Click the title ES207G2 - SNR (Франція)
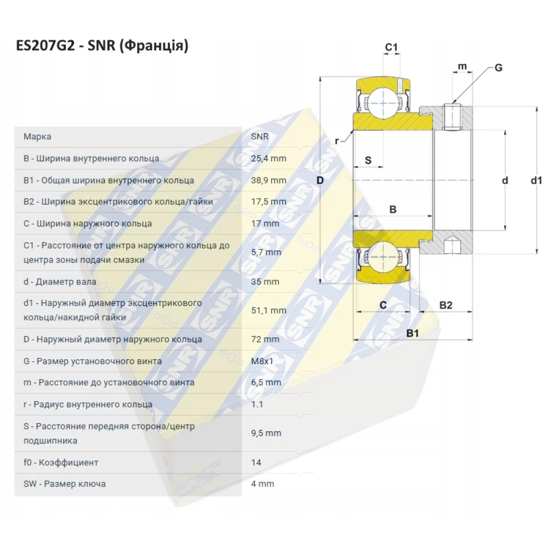tap(102, 46)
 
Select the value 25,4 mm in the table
tap(269, 158)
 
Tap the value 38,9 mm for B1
tap(269, 180)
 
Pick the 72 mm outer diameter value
tap(265, 339)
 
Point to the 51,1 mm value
tap(269, 310)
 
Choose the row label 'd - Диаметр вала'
tap(60, 282)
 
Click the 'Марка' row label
tap(37, 136)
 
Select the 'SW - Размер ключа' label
tap(65, 484)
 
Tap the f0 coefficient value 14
tap(256, 463)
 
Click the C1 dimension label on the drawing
tap(391, 48)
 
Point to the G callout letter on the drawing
tap(498, 68)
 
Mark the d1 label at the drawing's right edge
tap(536, 180)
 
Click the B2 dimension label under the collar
tap(446, 305)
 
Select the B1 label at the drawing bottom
tap(412, 333)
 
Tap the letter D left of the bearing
tap(321, 180)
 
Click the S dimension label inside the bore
tap(368, 160)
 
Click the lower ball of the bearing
tap(381, 260)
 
